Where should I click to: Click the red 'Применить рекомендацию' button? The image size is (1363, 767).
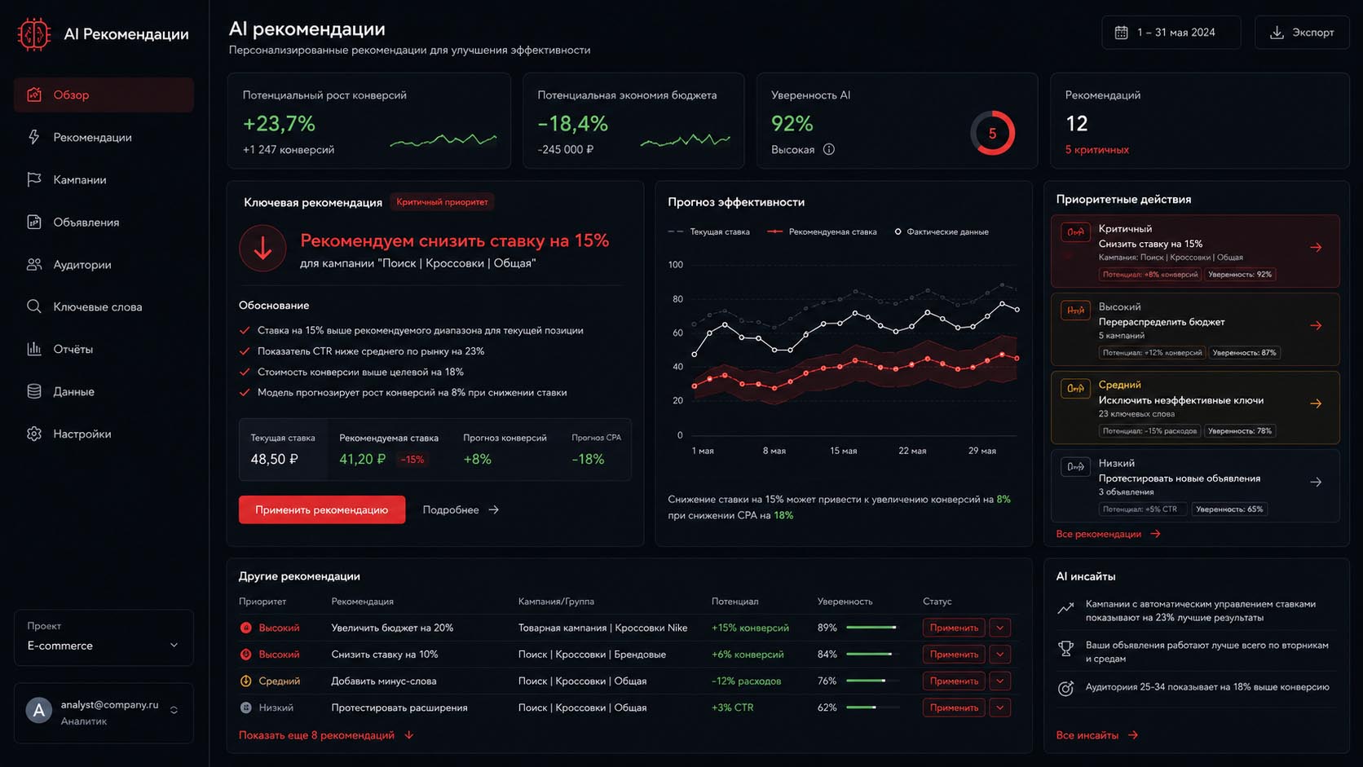coord(322,509)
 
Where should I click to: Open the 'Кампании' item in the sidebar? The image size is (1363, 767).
coord(80,179)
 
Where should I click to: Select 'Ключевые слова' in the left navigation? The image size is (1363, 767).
coord(97,306)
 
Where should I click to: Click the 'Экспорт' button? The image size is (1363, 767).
coord(1302,33)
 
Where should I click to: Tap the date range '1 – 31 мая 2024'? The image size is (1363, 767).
coord(1171,33)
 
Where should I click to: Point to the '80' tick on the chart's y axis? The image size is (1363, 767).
coord(676,298)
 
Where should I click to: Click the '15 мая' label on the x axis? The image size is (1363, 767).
coord(844,451)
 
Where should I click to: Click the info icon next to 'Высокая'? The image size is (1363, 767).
coord(829,149)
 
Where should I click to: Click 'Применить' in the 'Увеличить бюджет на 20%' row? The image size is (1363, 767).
coord(954,628)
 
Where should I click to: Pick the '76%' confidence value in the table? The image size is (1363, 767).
coord(827,681)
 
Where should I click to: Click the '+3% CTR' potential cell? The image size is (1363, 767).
coord(733,707)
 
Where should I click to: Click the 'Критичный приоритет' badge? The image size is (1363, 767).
coord(442,202)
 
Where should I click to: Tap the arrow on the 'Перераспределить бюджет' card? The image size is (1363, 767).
coord(1316,326)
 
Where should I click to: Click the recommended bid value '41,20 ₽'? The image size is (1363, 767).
coord(362,459)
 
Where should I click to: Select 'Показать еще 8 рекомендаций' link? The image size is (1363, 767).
coord(316,734)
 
